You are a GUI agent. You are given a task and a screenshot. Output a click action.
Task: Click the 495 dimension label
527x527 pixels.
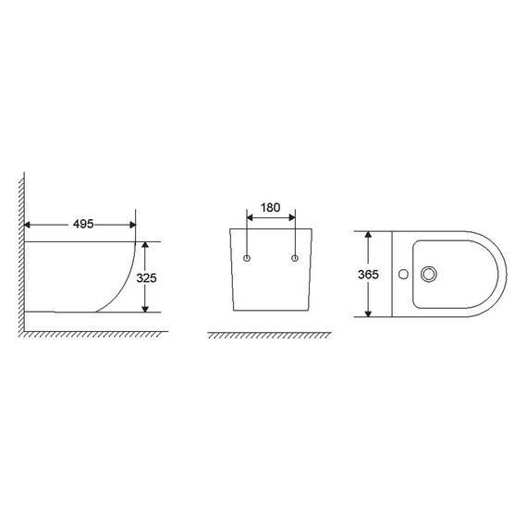coord(83,224)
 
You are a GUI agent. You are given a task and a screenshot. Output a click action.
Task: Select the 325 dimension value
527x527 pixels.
coord(146,278)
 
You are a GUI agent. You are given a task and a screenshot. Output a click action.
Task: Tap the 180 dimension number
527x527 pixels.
coord(271,208)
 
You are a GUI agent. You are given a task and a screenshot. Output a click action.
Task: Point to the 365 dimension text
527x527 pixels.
coord(368,275)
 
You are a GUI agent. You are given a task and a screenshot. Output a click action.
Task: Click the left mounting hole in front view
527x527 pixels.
coord(247,258)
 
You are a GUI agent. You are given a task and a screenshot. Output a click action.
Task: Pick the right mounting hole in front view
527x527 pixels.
coord(295,258)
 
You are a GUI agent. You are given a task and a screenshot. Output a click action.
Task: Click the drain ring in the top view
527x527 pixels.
coord(429,275)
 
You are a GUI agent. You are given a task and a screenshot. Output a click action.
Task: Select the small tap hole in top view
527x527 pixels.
coord(403,275)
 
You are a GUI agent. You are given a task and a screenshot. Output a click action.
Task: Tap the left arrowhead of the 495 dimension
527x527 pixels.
coord(27,225)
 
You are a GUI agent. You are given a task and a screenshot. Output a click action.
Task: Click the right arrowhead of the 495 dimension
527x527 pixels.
coord(133,225)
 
